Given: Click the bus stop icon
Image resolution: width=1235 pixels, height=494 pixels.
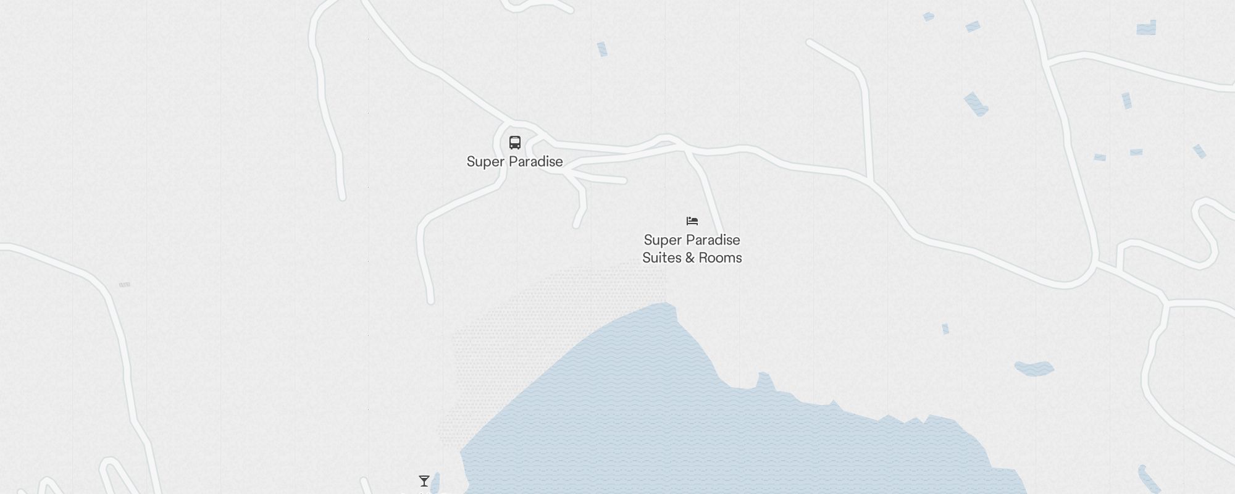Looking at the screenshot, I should pos(514,143).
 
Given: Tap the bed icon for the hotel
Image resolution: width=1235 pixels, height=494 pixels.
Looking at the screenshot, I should pos(692,221).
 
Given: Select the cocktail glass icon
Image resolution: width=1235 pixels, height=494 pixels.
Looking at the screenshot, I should pos(424,481).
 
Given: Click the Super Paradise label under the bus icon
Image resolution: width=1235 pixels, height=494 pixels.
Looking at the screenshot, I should pos(514,162).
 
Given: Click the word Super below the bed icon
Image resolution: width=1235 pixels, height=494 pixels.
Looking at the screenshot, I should pos(661,240).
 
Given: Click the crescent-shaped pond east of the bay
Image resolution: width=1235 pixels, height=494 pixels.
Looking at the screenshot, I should pos(1034,369).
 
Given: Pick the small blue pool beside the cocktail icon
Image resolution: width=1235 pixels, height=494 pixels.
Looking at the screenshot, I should pos(436,481).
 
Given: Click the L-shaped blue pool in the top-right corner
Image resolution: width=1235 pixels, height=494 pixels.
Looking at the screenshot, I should pos(1147,28).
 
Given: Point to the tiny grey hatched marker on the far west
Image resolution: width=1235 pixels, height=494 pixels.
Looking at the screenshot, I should pos(124,285).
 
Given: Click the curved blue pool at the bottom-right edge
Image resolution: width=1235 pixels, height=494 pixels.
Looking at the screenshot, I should pos(1149,480).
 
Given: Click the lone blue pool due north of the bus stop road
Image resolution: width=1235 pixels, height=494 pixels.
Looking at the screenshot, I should pos(602,49).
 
